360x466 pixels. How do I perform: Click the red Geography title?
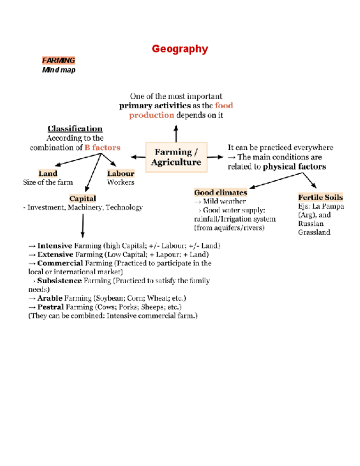tap(180, 49)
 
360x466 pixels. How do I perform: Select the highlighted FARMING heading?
tap(58, 60)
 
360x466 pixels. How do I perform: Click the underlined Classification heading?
tap(75, 129)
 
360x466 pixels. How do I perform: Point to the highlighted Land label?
tap(48, 174)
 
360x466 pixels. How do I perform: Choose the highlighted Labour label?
tap(120, 174)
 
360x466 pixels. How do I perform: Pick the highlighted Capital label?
tap(82, 198)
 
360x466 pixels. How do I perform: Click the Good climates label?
tap(220, 192)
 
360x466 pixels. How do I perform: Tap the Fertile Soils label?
tap(320, 197)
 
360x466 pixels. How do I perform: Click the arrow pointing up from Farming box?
tap(176, 132)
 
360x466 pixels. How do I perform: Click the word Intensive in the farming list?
tap(54, 246)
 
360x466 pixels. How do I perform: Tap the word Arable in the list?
tap(49, 298)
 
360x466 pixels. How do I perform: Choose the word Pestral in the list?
tap(51, 307)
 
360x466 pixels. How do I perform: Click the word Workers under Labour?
tap(120, 182)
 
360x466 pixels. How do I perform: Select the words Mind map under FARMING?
tap(59, 70)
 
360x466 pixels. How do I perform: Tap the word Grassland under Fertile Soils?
tap(314, 232)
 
